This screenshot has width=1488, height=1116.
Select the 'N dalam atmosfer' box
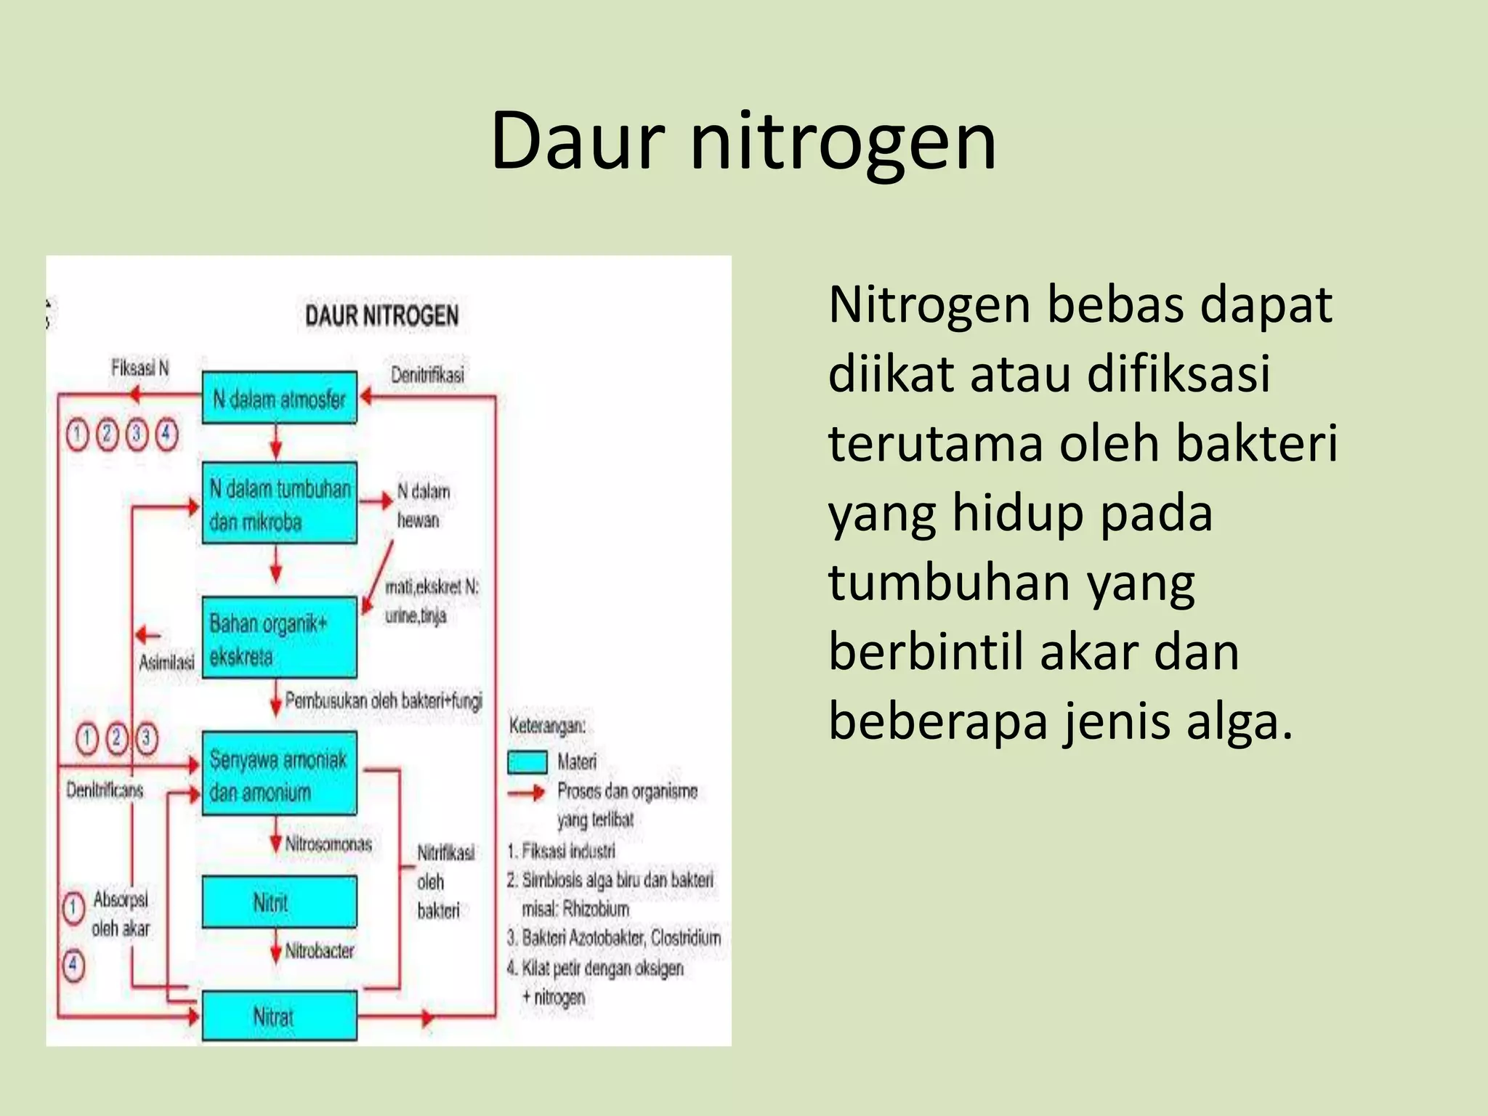[279, 398]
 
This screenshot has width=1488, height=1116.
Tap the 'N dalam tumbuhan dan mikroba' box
[280, 504]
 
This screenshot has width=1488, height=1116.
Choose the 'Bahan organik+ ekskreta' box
[280, 638]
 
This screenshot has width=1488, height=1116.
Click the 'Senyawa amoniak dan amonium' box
[280, 774]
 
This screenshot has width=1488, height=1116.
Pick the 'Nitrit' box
[280, 902]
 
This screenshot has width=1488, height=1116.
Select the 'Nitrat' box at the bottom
[280, 1016]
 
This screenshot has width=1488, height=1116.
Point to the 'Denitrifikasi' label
[427, 375]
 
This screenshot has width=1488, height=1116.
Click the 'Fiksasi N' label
[139, 368]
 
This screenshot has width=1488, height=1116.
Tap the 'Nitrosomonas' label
[328, 844]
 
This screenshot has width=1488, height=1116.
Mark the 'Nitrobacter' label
[320, 950]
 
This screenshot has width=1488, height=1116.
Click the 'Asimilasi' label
[166, 662]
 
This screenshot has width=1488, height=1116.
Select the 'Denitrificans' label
[105, 790]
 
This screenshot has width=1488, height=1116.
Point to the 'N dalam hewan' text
[422, 506]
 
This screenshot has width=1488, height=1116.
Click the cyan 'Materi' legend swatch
[527, 762]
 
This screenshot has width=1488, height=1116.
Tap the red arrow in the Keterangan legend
[526, 793]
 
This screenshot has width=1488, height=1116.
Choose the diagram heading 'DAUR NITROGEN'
[381, 316]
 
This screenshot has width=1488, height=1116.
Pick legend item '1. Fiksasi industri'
[562, 851]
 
